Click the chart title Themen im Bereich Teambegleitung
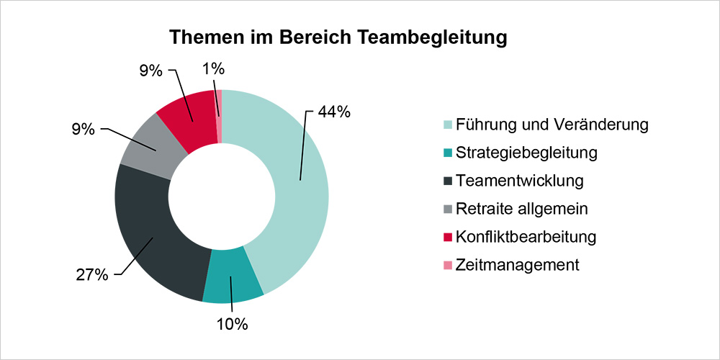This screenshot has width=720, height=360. point(338,37)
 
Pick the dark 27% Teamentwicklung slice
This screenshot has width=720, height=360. point(151,230)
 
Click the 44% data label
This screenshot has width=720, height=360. point(334,112)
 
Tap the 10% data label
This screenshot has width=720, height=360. point(232,324)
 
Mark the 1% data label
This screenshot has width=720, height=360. point(214,70)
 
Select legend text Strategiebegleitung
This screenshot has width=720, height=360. point(526,153)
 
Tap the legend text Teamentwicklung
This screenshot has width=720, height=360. point(519,181)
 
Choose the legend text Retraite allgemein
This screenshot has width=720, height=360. point(521,209)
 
